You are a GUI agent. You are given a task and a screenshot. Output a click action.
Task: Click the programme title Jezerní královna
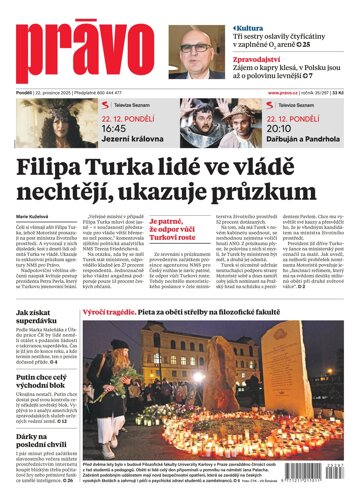pyautogui.click(x=125, y=141)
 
